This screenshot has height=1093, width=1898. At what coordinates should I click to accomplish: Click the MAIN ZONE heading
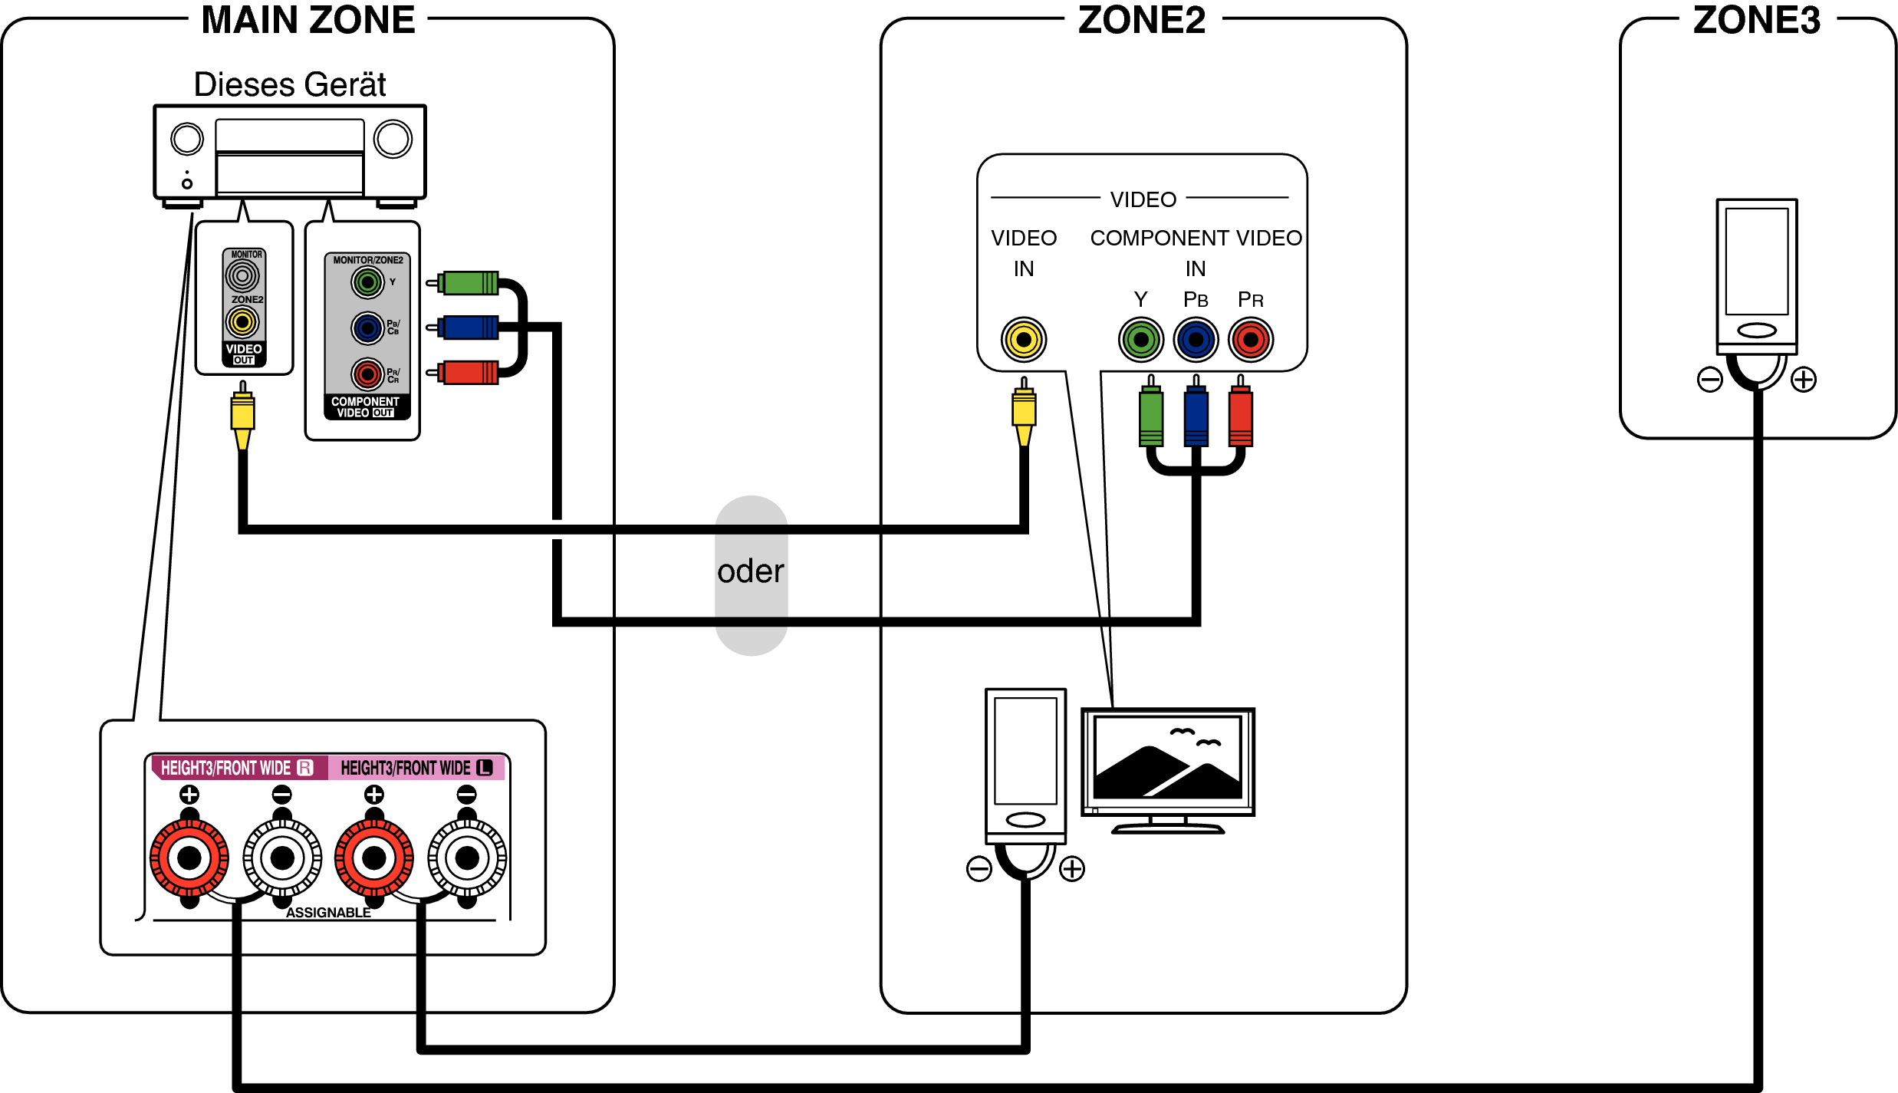click(308, 21)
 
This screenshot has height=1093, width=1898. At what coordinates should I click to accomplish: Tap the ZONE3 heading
click(1756, 21)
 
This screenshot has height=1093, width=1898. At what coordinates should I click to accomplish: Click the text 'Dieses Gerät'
click(289, 84)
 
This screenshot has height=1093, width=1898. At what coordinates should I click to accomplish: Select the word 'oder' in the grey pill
click(751, 571)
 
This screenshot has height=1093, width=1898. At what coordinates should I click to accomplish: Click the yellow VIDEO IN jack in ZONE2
click(1024, 340)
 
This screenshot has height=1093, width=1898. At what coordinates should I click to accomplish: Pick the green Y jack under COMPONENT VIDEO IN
click(1141, 340)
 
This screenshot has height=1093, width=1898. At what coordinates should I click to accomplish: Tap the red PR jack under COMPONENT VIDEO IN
click(1251, 340)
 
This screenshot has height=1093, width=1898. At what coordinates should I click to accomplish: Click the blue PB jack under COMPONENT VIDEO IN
click(1196, 340)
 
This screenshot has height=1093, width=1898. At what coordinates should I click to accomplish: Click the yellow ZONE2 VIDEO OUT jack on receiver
click(242, 322)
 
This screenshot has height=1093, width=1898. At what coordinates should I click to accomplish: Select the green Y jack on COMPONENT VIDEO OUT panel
click(367, 283)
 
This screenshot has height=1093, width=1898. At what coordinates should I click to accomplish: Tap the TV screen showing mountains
click(1167, 758)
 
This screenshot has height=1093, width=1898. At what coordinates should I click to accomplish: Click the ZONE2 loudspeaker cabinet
click(1025, 763)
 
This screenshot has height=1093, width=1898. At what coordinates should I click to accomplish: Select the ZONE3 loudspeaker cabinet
click(1756, 272)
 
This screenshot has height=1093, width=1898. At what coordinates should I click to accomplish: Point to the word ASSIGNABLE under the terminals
click(328, 913)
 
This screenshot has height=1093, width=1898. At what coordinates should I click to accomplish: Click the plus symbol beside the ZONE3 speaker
click(1804, 380)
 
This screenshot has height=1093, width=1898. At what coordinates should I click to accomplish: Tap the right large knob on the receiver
click(393, 140)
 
